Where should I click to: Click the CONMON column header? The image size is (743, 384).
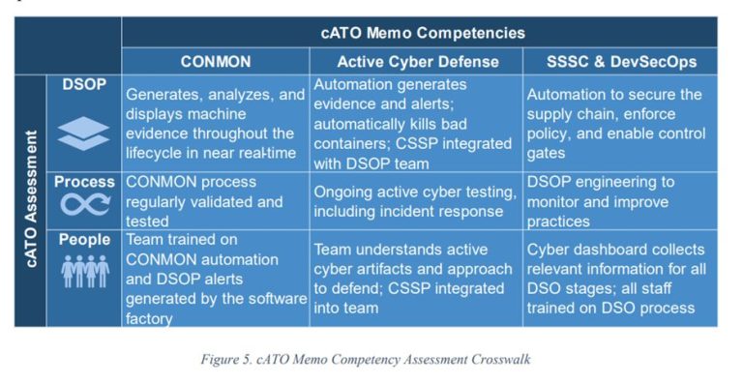[216, 61]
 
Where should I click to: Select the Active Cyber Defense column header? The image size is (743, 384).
[418, 61]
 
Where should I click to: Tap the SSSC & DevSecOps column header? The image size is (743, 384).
[619, 61]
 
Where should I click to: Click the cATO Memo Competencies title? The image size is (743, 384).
[422, 32]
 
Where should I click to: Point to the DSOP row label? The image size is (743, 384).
[85, 85]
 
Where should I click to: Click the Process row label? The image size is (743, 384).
[85, 181]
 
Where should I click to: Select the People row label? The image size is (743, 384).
[85, 239]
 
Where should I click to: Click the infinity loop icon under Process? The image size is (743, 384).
[85, 204]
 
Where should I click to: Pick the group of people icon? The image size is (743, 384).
[85, 271]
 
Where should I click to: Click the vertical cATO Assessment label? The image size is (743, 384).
[31, 198]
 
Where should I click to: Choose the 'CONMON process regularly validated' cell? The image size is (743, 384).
[215, 200]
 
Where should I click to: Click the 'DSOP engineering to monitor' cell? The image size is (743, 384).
[619, 200]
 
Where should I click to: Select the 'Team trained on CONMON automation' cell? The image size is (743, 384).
[215, 279]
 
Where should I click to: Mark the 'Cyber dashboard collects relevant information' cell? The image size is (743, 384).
[619, 279]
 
